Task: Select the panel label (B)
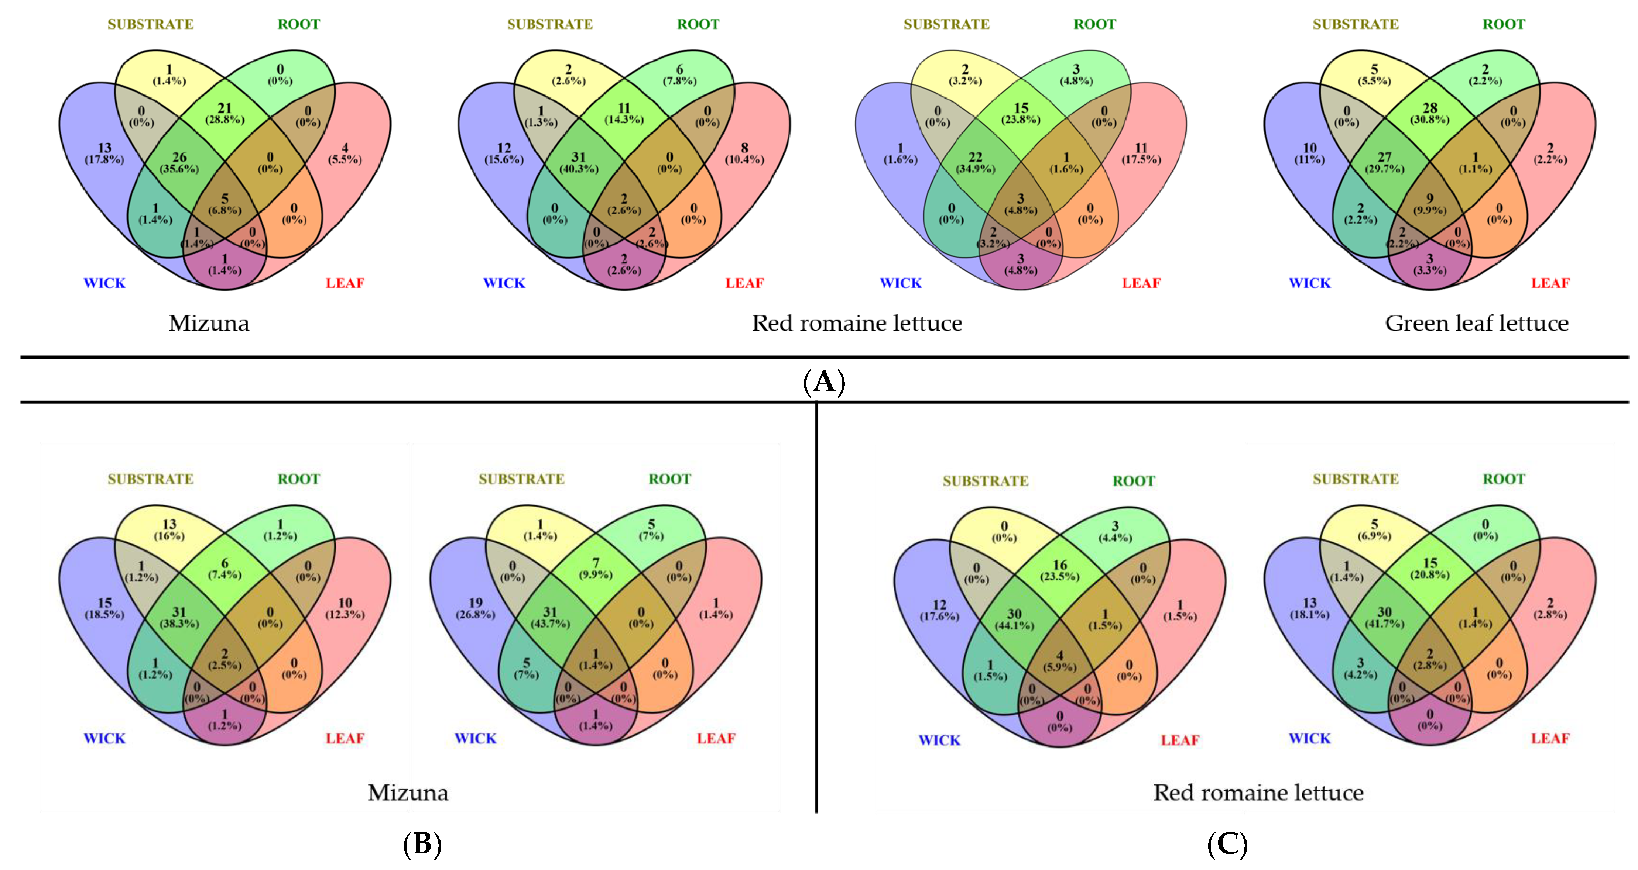tap(422, 844)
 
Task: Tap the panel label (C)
tap(1227, 844)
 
